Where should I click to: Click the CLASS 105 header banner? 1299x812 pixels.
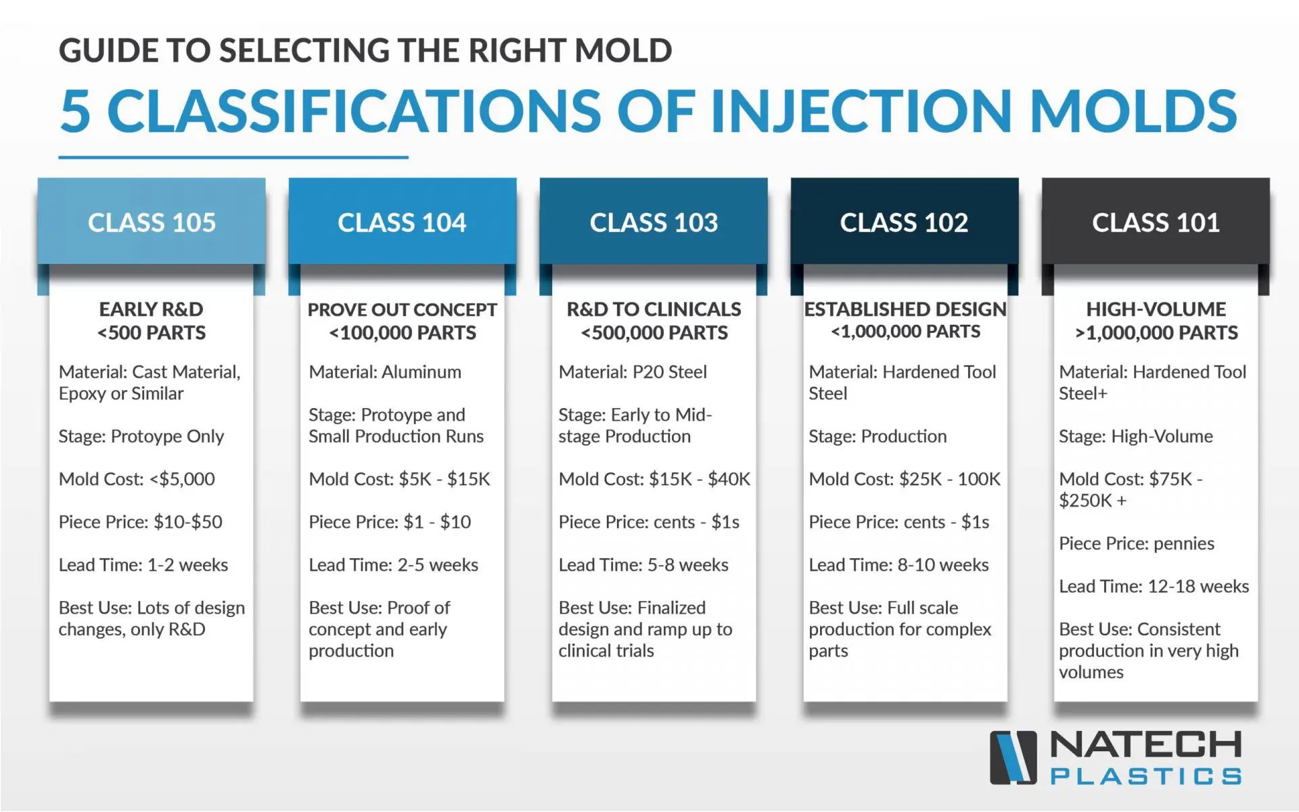[x=152, y=221]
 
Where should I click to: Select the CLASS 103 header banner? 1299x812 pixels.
[x=654, y=221]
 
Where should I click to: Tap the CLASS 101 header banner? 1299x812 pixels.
[x=1156, y=221]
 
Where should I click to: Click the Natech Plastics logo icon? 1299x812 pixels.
[x=1013, y=757]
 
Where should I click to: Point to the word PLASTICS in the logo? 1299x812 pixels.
[x=1146, y=775]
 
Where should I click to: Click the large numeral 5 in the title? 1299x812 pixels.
[x=75, y=111]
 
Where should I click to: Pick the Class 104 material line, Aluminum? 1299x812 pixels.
[x=385, y=371]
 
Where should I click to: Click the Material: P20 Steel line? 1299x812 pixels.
[x=633, y=371]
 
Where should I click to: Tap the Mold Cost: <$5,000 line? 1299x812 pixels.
[x=137, y=479]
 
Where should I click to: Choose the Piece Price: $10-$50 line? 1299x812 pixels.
[x=140, y=522]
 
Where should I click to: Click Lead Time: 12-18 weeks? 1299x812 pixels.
[x=1154, y=586]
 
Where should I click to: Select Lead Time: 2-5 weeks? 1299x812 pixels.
[x=393, y=564]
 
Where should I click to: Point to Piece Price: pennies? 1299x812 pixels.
[x=1137, y=543]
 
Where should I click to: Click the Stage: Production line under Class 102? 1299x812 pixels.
[x=878, y=436]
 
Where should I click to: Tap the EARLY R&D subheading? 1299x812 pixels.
[x=152, y=309]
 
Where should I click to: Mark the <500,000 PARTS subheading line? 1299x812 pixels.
[x=654, y=333]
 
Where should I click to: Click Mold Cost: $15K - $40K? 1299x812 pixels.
[x=654, y=479]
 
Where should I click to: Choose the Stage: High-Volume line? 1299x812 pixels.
[x=1136, y=436]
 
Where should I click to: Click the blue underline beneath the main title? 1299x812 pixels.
[x=233, y=157]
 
